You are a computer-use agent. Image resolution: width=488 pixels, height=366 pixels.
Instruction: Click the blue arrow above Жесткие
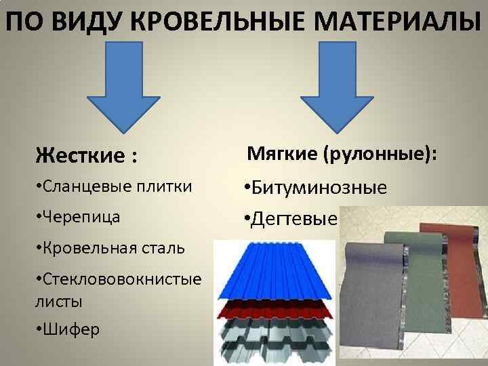(124, 87)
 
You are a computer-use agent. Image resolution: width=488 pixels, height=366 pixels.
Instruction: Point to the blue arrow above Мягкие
(337, 87)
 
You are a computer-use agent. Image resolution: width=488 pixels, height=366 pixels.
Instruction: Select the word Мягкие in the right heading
(282, 153)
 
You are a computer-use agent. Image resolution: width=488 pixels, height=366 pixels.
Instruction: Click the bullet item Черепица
(78, 217)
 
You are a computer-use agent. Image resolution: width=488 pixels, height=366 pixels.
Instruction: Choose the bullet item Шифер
(68, 329)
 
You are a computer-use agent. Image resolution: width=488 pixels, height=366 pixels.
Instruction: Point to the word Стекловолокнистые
(122, 279)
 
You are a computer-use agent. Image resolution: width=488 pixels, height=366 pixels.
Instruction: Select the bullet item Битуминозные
(316, 187)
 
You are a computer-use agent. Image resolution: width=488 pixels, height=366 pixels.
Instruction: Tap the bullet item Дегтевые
(291, 219)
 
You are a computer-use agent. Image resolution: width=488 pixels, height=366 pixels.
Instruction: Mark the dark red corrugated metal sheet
(275, 309)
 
